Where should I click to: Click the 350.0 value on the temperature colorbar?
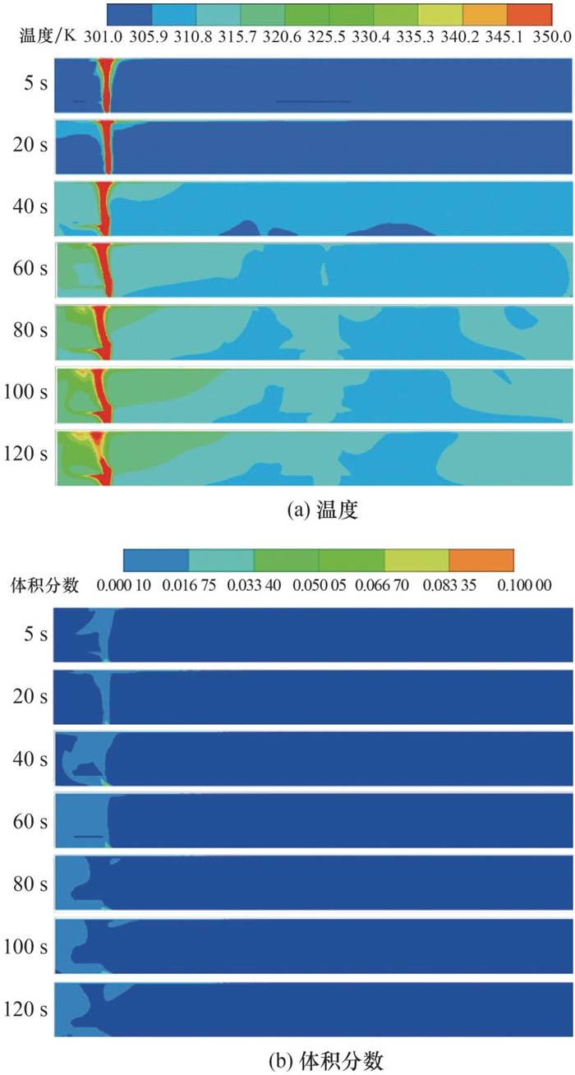(553, 37)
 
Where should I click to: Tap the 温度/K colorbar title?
(48, 37)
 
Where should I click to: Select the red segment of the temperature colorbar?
(530, 13)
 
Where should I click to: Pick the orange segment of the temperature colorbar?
(485, 13)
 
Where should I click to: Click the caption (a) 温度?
(324, 510)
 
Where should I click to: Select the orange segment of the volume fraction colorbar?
(481, 560)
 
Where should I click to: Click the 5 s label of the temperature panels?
(34, 85)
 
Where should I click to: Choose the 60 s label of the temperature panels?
(31, 268)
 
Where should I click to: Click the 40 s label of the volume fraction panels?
(31, 758)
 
